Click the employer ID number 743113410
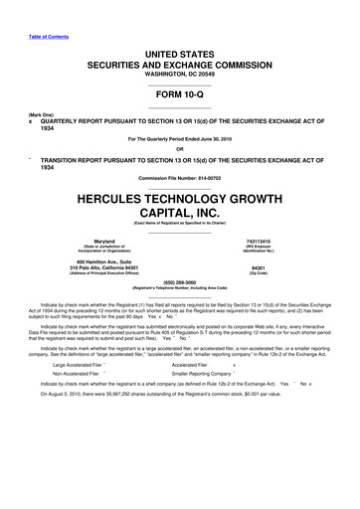coord(258,242)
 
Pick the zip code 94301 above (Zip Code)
coord(258,267)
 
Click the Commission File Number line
coord(179,177)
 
